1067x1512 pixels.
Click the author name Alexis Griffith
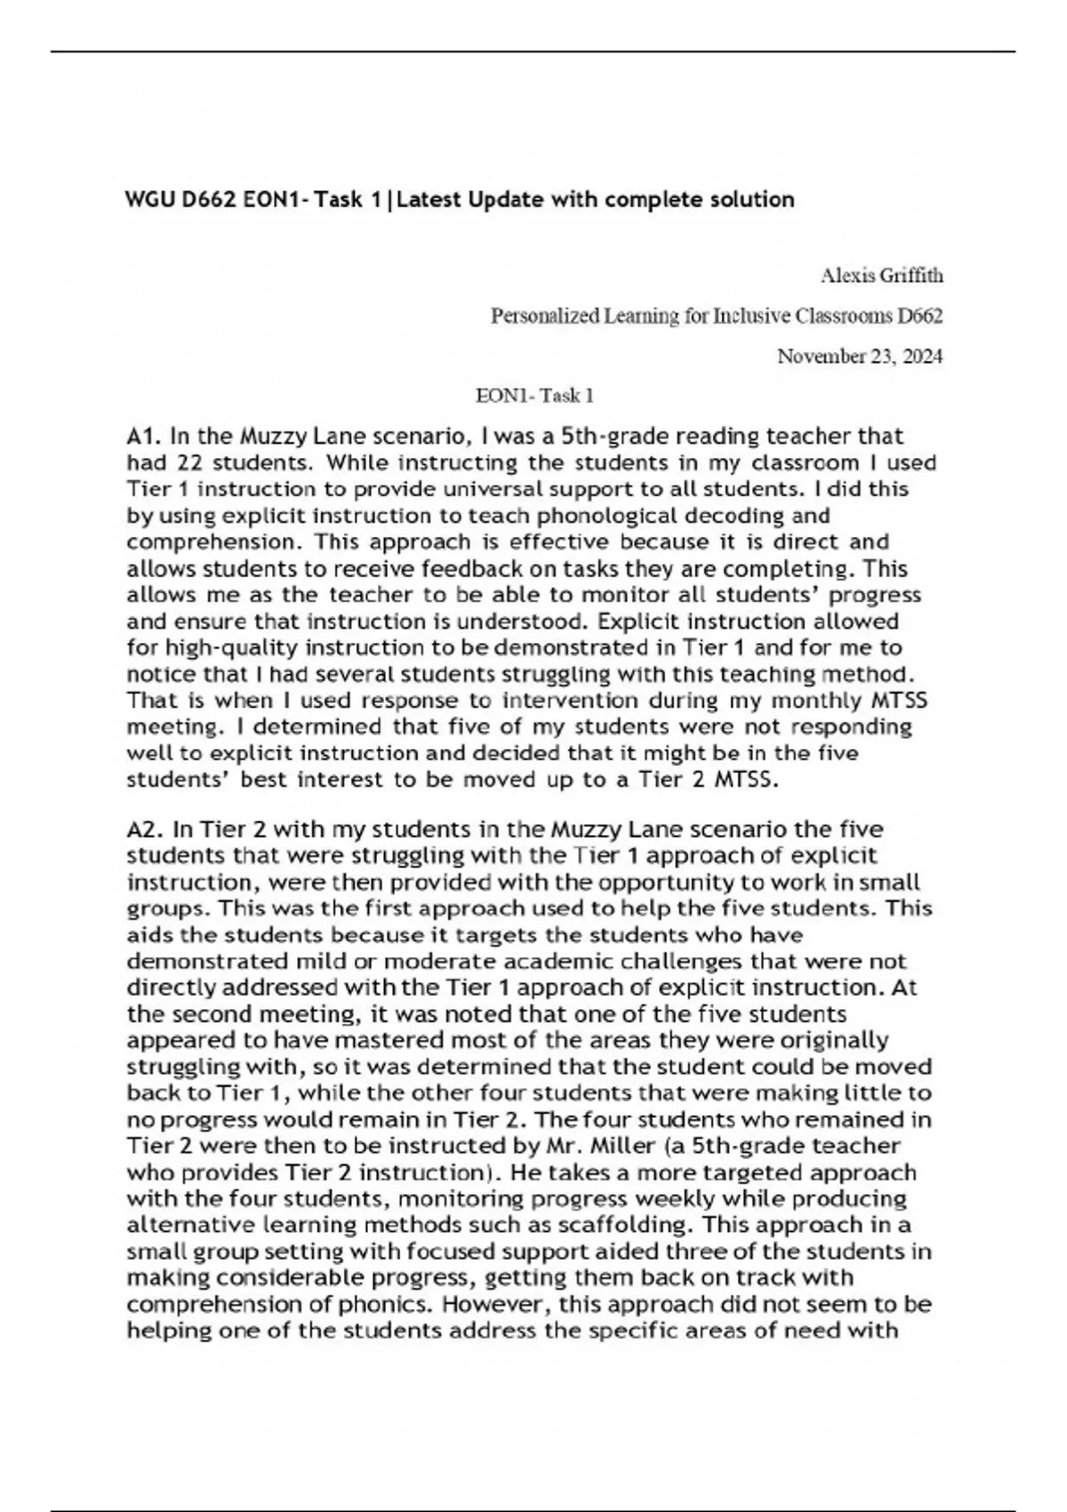tap(881, 276)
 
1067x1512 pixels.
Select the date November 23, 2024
tap(860, 357)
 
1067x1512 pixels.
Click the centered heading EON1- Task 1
tap(534, 395)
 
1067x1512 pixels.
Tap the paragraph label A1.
tap(145, 437)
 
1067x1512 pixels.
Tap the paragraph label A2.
tap(145, 830)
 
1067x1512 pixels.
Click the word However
tap(493, 1304)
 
